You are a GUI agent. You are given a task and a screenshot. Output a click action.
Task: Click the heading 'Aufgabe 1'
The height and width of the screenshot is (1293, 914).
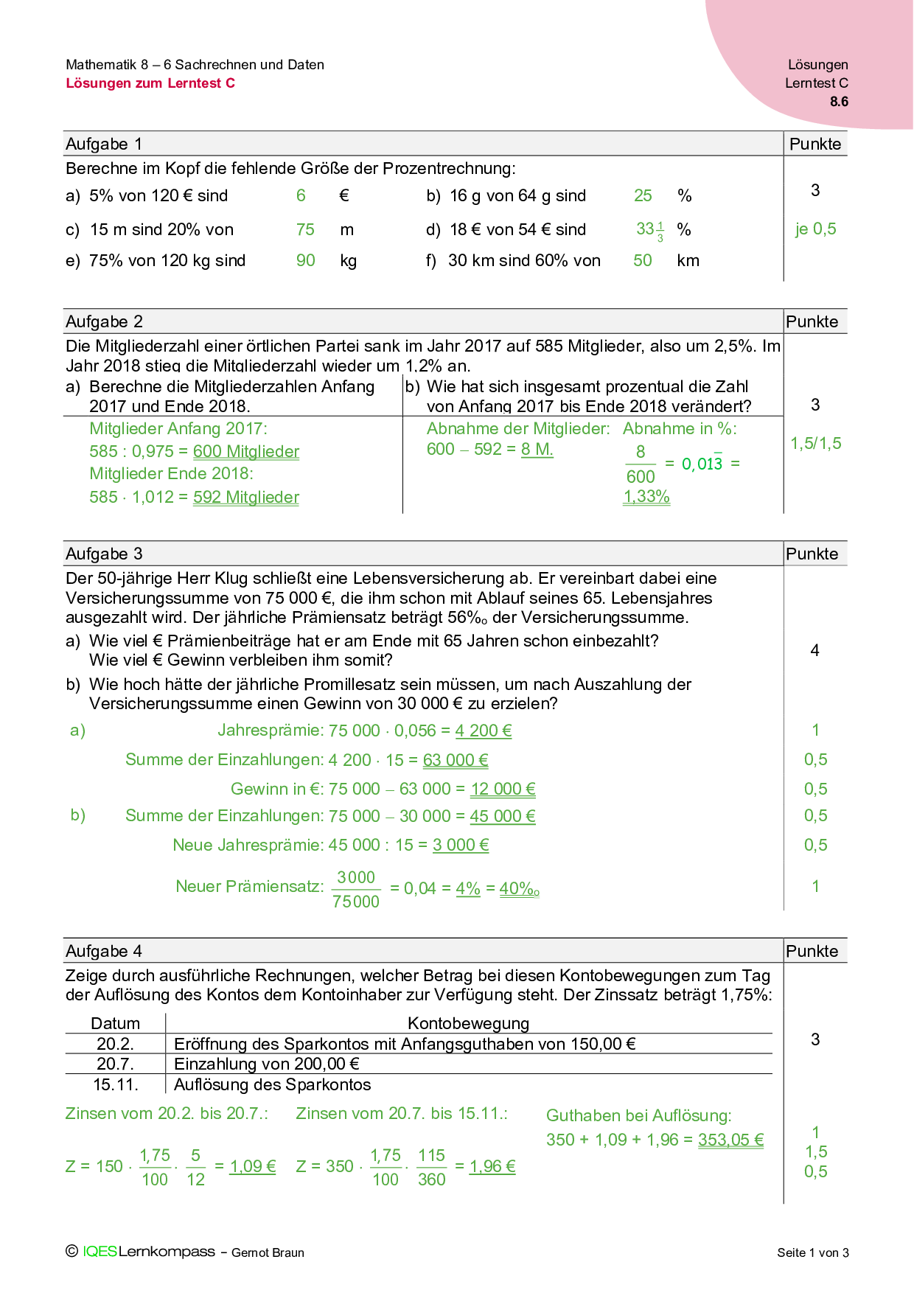[104, 144]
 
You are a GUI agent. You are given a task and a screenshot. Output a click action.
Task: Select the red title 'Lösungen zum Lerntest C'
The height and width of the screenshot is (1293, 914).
[150, 83]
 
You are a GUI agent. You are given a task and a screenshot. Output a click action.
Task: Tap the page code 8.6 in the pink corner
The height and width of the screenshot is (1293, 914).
[839, 102]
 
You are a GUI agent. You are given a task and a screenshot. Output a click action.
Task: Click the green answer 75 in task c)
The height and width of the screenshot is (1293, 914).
[305, 230]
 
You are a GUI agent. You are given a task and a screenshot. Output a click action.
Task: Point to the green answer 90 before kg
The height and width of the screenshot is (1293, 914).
[305, 261]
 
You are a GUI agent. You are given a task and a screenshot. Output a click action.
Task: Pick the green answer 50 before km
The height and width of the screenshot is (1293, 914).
[643, 261]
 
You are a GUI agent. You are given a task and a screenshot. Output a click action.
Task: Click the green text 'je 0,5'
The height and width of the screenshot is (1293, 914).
[815, 229]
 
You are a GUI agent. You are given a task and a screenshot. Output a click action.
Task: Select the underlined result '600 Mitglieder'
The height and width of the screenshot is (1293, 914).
[246, 452]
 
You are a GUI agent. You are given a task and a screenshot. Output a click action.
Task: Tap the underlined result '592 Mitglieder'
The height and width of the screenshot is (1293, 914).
[246, 498]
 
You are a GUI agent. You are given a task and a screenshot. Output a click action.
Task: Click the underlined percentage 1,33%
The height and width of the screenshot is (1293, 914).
[646, 497]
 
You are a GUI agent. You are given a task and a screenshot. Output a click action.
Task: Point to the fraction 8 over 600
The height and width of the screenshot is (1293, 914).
[641, 464]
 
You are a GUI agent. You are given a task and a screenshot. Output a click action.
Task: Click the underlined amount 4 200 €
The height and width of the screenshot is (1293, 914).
[484, 731]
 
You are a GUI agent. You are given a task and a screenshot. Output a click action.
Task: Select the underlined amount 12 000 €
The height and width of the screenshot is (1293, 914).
[503, 790]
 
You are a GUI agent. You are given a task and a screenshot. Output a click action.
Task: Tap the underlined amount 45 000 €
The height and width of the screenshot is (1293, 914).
[503, 816]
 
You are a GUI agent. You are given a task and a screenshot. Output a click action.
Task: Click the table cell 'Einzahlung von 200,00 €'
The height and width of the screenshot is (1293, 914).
[267, 1064]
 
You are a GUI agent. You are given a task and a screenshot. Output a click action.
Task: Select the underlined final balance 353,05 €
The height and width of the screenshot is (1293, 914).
[730, 1140]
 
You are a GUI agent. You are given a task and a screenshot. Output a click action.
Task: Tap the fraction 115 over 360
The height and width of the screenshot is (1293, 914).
[431, 1168]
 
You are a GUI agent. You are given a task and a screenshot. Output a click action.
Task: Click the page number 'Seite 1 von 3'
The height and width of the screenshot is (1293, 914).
[812, 1252]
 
